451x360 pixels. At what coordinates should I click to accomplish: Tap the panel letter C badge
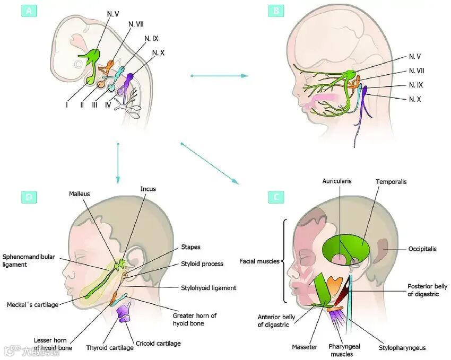coord(275,197)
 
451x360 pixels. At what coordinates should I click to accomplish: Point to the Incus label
coord(148,189)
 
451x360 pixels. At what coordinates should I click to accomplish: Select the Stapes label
coord(190,247)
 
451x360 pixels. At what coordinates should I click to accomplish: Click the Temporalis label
coord(391,181)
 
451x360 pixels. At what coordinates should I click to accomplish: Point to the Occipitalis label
coord(422,249)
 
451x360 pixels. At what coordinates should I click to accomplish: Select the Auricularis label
coord(337,181)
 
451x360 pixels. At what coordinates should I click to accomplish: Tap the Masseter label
coord(305,347)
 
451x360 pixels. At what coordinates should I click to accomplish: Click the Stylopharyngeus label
coord(402,348)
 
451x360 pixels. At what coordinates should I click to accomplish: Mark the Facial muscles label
coord(259,261)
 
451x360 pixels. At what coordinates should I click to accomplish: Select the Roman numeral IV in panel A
coord(108,105)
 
